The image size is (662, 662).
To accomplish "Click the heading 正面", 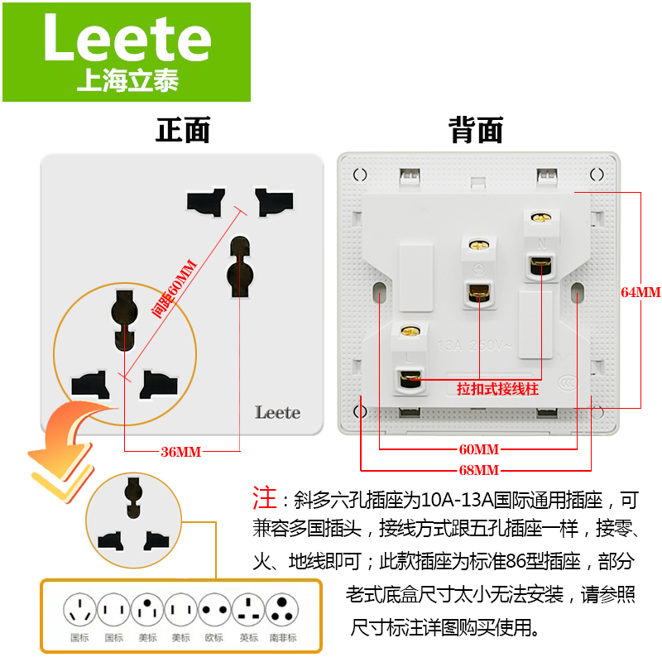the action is (x=183, y=130).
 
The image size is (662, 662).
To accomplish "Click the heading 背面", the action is (x=476, y=130).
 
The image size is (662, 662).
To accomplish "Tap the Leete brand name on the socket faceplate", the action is (x=277, y=411).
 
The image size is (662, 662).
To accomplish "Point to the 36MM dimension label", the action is (x=181, y=451).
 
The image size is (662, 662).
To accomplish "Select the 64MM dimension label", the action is (x=640, y=292).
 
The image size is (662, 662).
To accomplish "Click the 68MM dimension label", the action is (x=478, y=469).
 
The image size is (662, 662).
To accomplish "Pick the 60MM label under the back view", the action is (x=478, y=449).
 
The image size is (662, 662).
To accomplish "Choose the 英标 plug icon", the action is (x=249, y=612).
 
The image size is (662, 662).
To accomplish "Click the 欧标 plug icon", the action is (x=214, y=612).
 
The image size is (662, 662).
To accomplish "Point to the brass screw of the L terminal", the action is (x=407, y=333).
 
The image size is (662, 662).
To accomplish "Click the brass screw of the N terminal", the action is (x=541, y=218).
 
